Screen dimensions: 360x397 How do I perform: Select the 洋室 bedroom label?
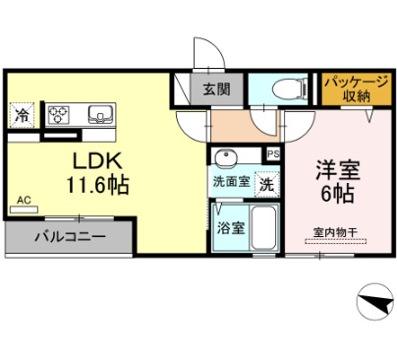point(338,168)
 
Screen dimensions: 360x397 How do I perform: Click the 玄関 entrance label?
point(217,90)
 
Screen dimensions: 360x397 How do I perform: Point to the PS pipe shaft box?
point(272,153)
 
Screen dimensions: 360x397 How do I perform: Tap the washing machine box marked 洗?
point(265,183)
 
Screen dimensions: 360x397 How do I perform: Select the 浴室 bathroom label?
point(230,227)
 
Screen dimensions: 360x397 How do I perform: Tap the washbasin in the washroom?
point(225,158)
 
